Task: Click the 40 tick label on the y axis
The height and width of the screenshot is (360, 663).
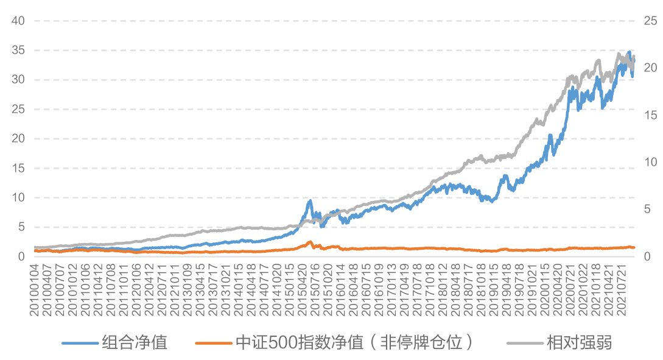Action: pos(18,21)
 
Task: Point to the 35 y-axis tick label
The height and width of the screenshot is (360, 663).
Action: pos(18,50)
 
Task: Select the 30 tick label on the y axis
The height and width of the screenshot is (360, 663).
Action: pos(18,79)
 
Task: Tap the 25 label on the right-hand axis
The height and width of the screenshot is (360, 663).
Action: pos(650,21)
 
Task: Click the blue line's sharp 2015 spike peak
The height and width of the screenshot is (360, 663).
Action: pos(310,200)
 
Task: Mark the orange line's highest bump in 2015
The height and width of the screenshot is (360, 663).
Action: pos(310,242)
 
